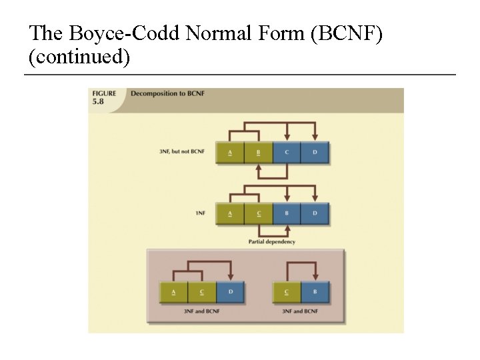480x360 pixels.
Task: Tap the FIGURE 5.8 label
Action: click(104, 97)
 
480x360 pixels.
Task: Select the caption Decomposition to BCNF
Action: click(167, 94)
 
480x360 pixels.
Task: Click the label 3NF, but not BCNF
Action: click(182, 152)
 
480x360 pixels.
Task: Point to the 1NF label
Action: click(200, 213)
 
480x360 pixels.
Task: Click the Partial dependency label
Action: click(271, 242)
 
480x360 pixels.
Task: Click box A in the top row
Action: click(230, 152)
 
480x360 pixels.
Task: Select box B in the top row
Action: click(258, 152)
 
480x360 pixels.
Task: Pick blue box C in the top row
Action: click(287, 152)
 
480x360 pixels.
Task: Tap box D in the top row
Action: click(315, 152)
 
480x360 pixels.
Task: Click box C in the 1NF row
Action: click(258, 213)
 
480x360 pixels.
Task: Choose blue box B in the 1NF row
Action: click(287, 213)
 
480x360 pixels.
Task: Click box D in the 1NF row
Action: click(315, 213)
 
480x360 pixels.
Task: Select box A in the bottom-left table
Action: click(173, 292)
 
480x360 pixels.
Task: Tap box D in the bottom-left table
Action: click(230, 292)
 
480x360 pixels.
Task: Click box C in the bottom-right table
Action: click(287, 292)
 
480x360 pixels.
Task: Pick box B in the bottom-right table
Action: click(315, 292)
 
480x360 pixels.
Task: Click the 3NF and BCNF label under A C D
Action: click(202, 311)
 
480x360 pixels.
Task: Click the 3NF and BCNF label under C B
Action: click(301, 311)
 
